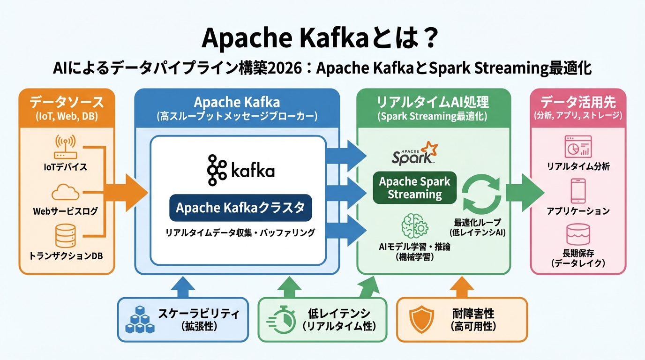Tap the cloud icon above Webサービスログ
coord(65,192)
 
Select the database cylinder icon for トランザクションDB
coord(65,236)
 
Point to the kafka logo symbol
coord(216,170)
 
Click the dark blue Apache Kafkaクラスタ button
coord(240,208)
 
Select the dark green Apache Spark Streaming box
coord(414,187)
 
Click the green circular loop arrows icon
coord(482,194)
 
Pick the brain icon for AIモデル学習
coord(415,226)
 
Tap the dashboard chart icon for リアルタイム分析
coord(578,147)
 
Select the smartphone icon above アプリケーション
coord(578,191)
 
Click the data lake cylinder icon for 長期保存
coord(578,235)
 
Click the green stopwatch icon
coord(281,320)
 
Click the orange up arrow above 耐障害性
coord(461,286)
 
